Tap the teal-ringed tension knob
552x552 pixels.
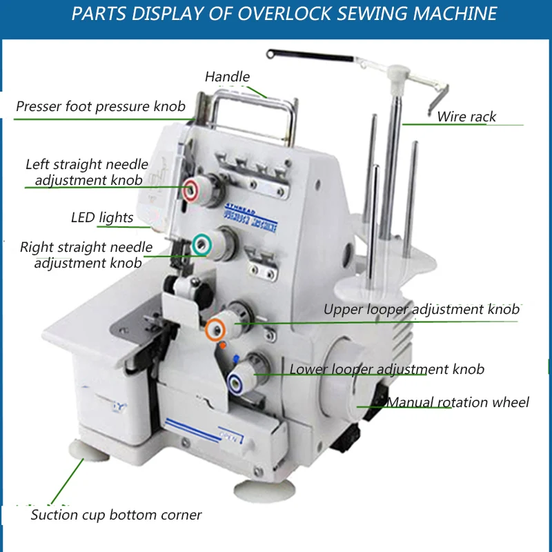[202, 243]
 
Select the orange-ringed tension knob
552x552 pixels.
[215, 328]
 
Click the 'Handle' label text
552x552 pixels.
[227, 77]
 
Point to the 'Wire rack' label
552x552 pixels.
[466, 117]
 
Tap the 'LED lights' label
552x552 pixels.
[102, 218]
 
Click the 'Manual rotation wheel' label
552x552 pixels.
[457, 402]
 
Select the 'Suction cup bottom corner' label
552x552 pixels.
[116, 515]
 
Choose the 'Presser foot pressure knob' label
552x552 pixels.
[101, 106]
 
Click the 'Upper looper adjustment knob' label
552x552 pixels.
[421, 309]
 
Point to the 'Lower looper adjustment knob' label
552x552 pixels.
[386, 369]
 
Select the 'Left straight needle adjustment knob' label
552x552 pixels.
[87, 172]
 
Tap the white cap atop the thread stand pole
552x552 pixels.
[397, 72]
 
